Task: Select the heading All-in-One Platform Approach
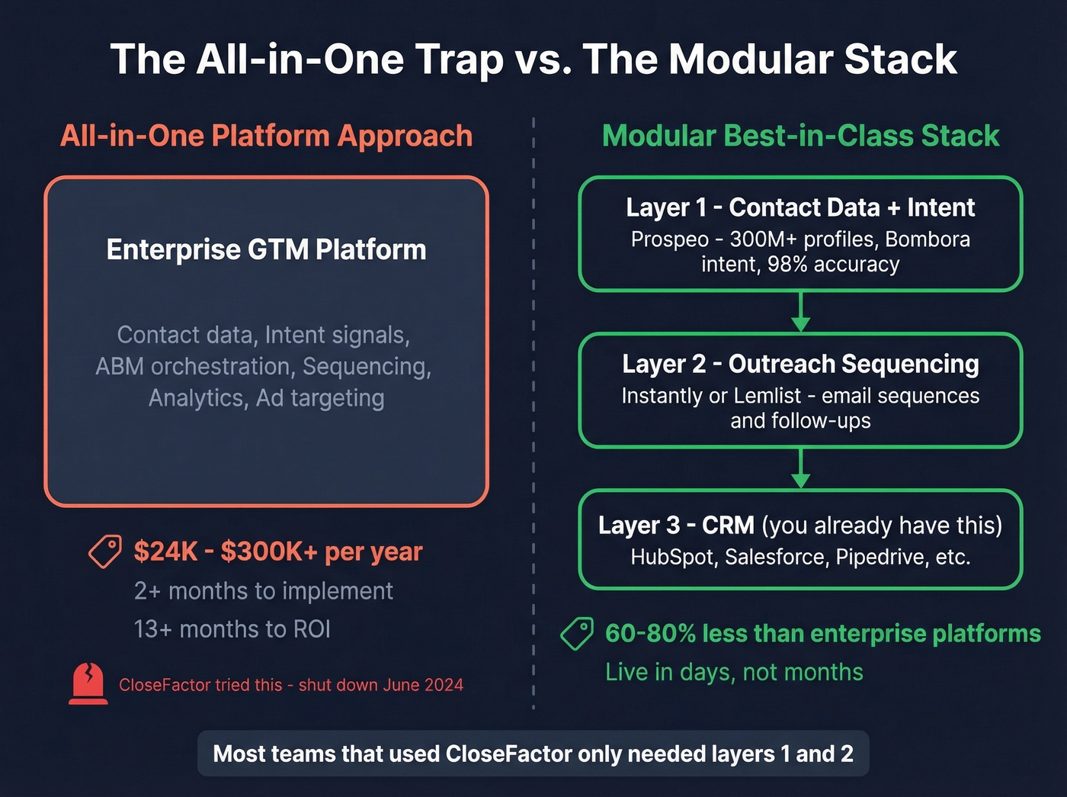[266, 136]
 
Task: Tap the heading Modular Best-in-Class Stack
[800, 136]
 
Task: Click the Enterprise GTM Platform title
[266, 250]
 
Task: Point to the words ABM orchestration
[196, 367]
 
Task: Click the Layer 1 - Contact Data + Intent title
[800, 207]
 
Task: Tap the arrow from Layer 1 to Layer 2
[800, 312]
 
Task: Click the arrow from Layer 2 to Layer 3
[800, 468]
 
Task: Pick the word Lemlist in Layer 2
[767, 396]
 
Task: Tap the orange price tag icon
[105, 551]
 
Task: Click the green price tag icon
[577, 633]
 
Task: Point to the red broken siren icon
[88, 683]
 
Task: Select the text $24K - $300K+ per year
[277, 551]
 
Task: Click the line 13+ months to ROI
[232, 629]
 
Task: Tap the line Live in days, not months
[734, 672]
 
